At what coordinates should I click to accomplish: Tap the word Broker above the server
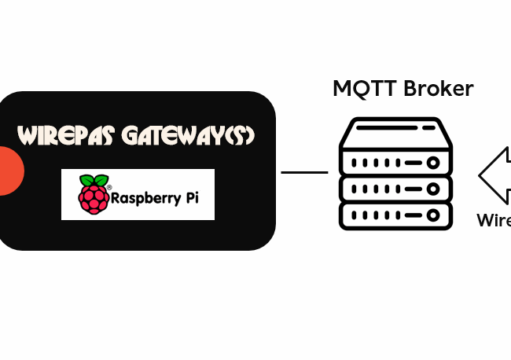(x=437, y=89)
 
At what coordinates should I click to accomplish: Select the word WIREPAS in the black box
(x=67, y=136)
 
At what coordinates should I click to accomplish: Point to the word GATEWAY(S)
(x=189, y=136)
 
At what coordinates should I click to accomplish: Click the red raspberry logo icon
(x=94, y=197)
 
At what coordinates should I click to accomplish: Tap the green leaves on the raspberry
(x=94, y=181)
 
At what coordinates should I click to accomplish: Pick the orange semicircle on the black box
(x=10, y=170)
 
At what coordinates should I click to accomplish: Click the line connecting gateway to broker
(x=304, y=172)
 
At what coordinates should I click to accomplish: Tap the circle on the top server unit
(x=432, y=163)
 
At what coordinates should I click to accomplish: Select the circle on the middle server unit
(x=432, y=189)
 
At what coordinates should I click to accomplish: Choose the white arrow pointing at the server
(x=494, y=173)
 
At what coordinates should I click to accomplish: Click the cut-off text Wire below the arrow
(x=494, y=221)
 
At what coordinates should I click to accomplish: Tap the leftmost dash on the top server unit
(x=355, y=163)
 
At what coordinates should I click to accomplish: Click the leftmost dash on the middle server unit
(x=355, y=189)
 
